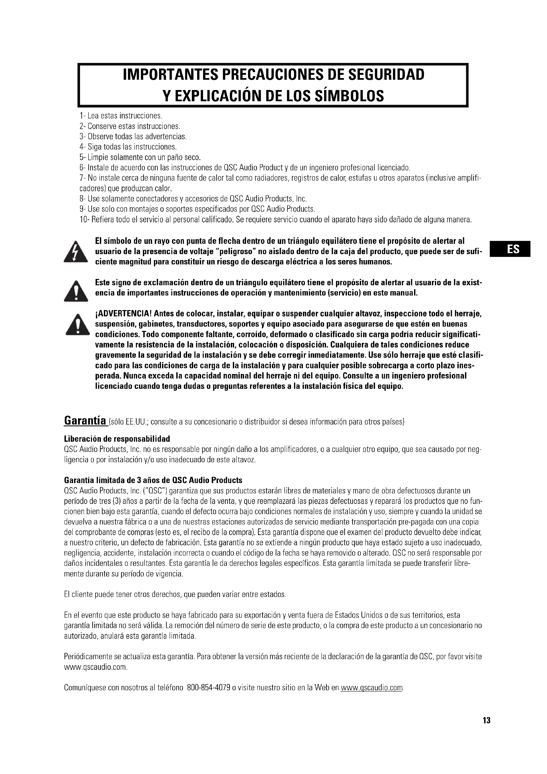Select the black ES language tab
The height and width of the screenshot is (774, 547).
tap(510, 249)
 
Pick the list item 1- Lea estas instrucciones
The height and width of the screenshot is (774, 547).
tap(121, 116)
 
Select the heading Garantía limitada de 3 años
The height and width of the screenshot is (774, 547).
tap(153, 480)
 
